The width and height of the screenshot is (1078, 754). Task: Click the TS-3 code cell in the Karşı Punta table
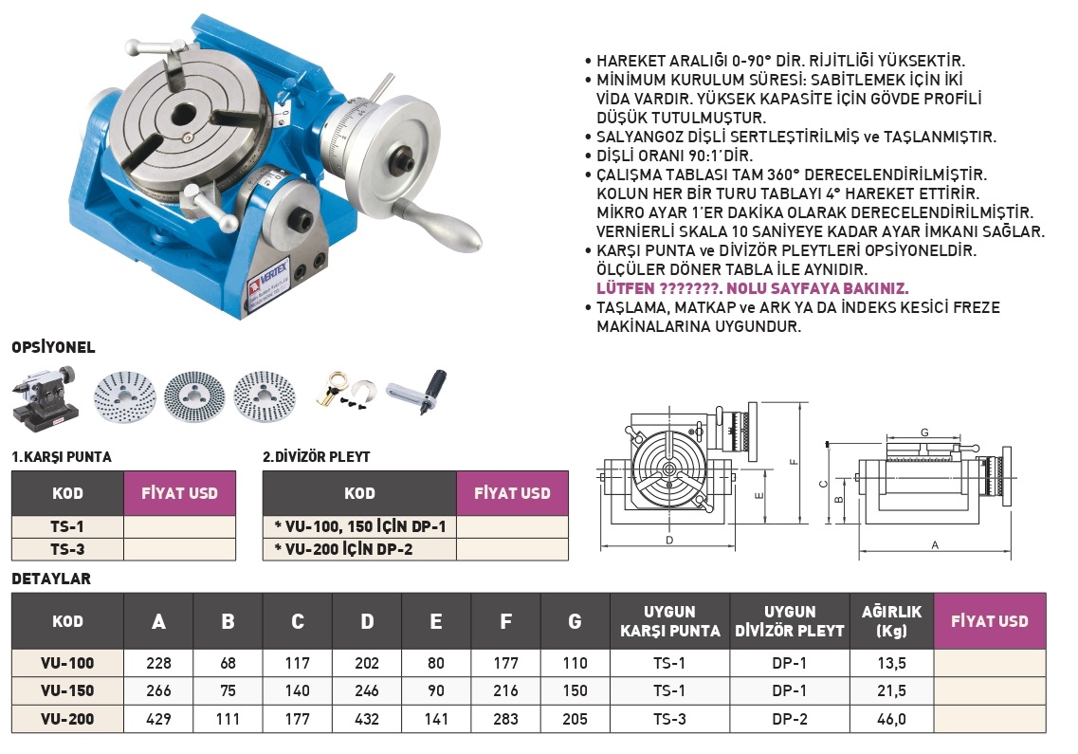click(67, 549)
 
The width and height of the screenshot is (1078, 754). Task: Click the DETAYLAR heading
click(51, 579)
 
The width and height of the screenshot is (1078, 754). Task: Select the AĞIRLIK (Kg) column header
click(891, 621)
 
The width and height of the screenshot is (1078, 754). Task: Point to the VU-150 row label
click(67, 690)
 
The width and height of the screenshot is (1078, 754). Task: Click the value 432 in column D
click(366, 719)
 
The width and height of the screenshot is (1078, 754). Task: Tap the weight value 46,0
click(891, 719)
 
